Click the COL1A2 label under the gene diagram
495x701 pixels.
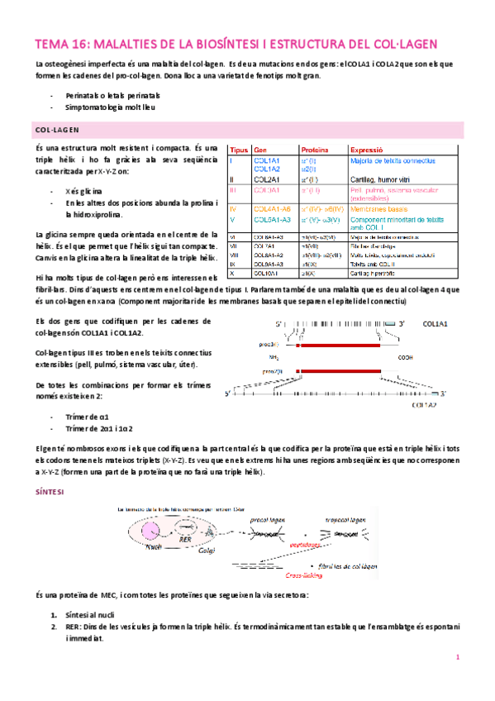click(424, 406)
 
